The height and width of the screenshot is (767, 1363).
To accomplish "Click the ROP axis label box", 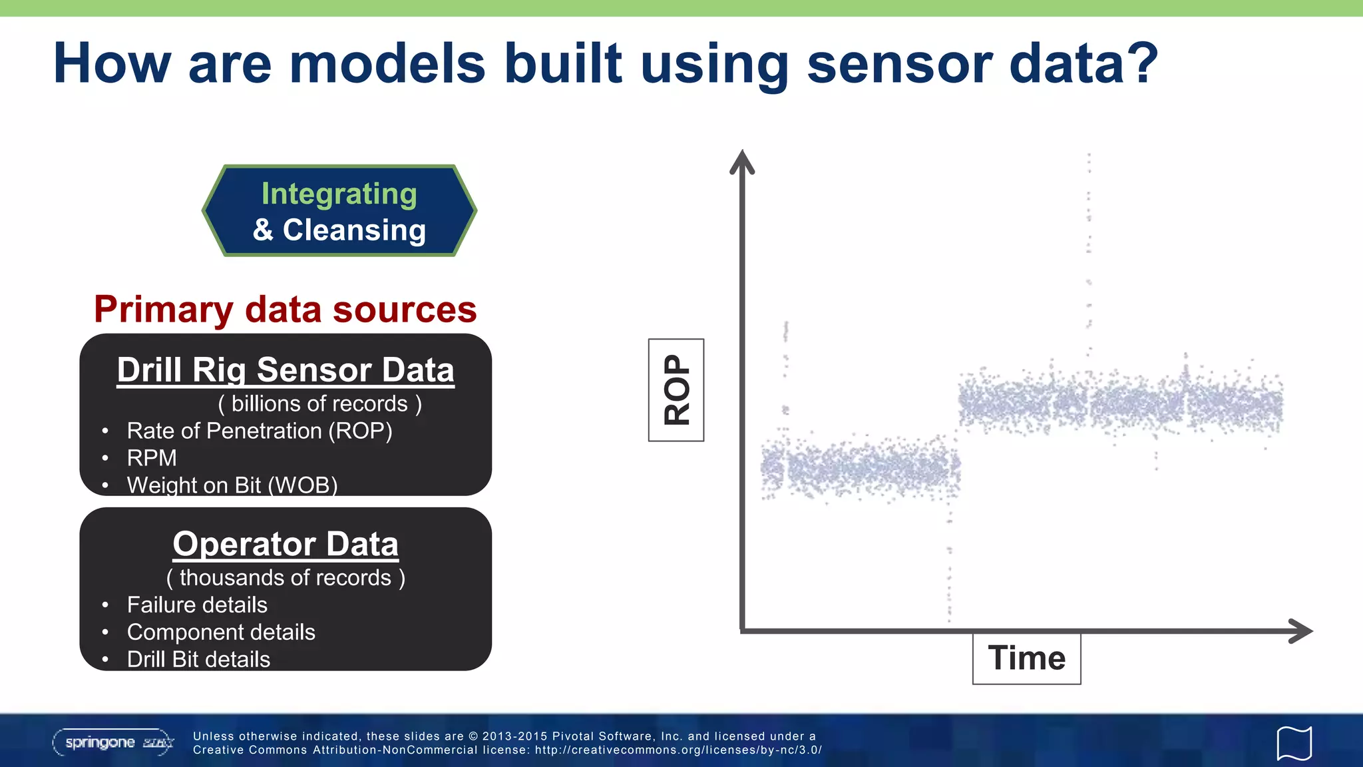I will (x=676, y=390).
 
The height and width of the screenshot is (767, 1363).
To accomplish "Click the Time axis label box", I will (x=1026, y=658).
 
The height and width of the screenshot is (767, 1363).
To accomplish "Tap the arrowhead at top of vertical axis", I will (x=741, y=162).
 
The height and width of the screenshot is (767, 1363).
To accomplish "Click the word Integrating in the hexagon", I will (x=339, y=194).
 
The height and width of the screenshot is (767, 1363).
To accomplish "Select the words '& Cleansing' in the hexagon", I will (x=339, y=230).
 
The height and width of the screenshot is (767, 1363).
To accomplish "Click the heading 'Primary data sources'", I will (x=285, y=310).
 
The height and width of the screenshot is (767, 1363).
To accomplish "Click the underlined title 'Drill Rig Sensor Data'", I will (x=286, y=370).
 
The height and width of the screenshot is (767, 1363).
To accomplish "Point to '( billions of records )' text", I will (x=319, y=404).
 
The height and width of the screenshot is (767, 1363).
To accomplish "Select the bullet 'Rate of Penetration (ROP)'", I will (x=259, y=431).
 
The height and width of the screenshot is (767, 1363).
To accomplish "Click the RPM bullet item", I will (x=152, y=458).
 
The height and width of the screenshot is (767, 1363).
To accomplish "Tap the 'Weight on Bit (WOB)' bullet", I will (x=232, y=485).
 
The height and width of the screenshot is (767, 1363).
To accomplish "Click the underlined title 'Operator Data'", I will (x=286, y=544).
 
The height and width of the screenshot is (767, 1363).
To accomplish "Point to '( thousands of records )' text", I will (x=286, y=578).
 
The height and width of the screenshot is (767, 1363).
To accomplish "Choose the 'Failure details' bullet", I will (x=197, y=605).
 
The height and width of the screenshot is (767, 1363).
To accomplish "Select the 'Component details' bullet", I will (x=221, y=633).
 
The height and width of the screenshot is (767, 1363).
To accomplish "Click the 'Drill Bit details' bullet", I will (x=198, y=659).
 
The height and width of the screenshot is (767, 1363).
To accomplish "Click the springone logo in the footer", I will (x=113, y=742).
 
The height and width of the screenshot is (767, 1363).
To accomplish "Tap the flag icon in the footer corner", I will (x=1294, y=743).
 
